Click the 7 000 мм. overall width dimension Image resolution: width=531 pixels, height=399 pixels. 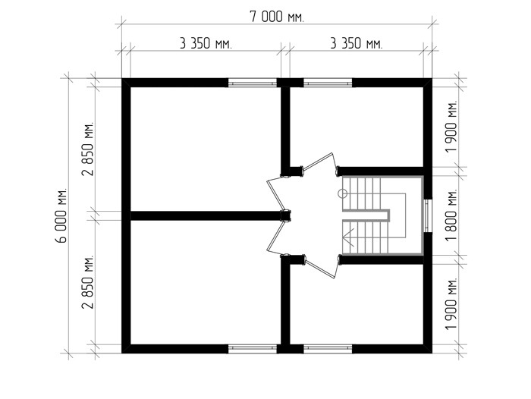277,17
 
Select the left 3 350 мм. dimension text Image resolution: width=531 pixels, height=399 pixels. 206,44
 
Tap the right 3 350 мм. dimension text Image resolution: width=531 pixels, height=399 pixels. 357,44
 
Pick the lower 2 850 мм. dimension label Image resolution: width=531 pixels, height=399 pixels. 88,282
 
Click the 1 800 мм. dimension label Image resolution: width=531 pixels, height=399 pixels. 451,215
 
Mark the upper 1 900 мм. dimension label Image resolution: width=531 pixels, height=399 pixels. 451,127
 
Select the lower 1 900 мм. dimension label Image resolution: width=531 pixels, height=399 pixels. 451,304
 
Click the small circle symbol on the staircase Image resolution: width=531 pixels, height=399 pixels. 343,193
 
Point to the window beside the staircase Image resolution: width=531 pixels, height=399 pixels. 428,215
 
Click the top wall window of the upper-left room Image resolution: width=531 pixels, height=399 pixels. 253,83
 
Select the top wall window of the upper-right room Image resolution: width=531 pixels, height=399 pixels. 328,83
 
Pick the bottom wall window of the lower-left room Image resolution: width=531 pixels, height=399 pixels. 253,349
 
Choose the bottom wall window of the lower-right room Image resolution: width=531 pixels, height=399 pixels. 328,349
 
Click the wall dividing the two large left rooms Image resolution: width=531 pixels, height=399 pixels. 206,215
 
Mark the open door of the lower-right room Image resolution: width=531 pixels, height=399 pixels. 320,267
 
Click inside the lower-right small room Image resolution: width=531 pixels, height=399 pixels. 357,305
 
